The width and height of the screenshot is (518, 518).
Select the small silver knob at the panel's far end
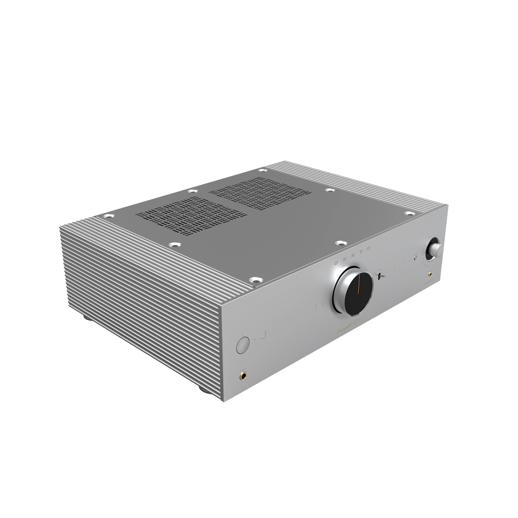click(x=434, y=249)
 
